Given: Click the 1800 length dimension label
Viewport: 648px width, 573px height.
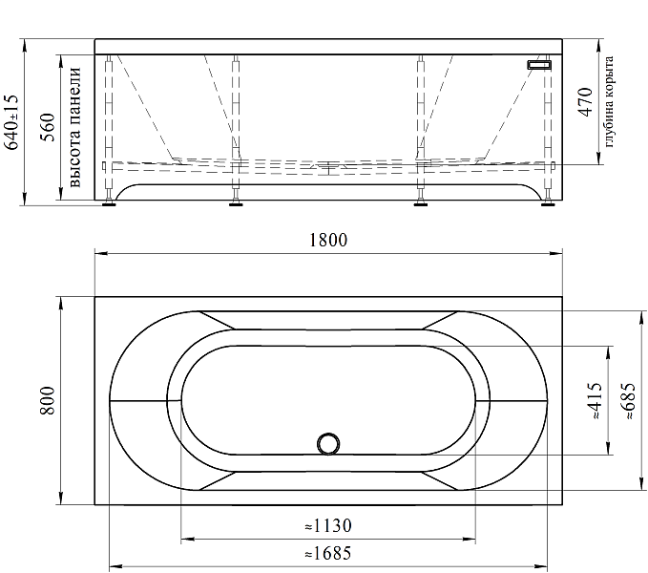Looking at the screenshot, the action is point(328,241).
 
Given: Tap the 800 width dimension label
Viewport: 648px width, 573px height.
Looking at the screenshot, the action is point(48,401).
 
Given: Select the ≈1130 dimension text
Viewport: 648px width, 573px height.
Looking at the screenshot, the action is point(328,526).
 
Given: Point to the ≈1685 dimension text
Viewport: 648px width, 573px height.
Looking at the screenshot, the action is point(328,553).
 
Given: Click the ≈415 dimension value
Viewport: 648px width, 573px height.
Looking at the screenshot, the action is point(595,400).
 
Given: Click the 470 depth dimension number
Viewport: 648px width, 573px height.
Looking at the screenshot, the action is point(585,101).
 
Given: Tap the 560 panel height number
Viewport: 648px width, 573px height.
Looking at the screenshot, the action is point(48,127).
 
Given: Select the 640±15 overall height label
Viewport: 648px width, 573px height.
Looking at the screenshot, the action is point(11,122).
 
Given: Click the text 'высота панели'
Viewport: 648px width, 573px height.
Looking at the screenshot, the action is point(74,127).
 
